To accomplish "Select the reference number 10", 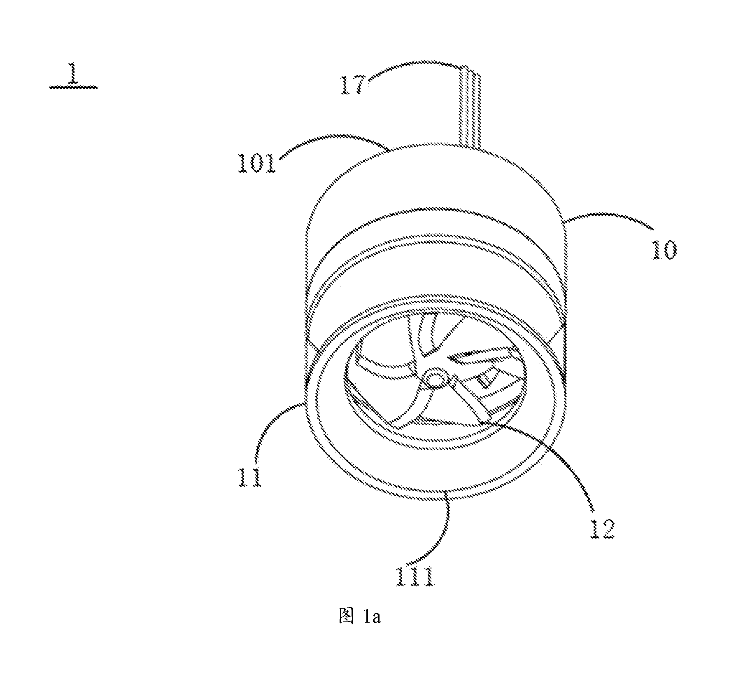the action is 664,249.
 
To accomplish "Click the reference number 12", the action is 601,529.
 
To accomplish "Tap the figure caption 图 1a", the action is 360,628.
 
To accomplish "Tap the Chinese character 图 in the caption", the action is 346,628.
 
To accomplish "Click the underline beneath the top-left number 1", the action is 74,87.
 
